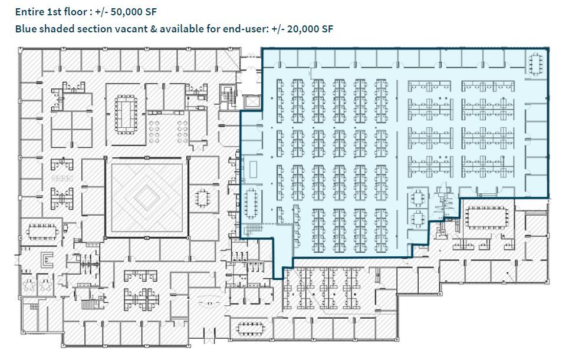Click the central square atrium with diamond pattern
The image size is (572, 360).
pos(147,197)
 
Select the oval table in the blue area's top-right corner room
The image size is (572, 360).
pos(535,64)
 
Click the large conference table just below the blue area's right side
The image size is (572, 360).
pos(486,218)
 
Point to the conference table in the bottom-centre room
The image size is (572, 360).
pos(251,328)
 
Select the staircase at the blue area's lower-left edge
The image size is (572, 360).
pos(252,227)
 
